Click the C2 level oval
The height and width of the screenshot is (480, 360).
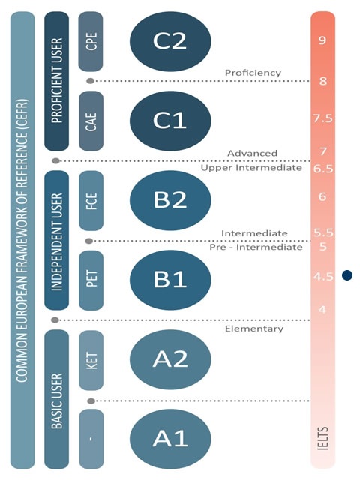170,41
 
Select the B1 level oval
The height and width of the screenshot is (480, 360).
170,280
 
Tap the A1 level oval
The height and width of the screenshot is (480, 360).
170,439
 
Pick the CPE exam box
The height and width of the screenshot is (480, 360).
91,41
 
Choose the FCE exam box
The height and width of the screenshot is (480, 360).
91,200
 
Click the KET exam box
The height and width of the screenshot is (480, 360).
91,360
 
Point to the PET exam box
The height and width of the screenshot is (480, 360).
91,280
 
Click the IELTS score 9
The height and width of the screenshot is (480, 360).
322,40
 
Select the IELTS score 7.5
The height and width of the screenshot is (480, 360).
322,118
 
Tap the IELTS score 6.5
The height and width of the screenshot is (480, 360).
323,169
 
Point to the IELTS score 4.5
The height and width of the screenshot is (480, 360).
323,277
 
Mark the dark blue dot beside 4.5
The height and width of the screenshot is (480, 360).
347,275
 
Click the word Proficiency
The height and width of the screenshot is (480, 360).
253,73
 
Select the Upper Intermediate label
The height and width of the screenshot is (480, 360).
251,168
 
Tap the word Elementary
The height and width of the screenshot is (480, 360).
254,328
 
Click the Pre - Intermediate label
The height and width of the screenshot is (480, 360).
256,247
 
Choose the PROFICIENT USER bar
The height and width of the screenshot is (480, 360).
57,81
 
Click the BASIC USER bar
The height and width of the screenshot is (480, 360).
57,399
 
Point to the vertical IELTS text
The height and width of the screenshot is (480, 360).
323,438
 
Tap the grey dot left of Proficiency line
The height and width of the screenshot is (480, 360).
90,81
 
